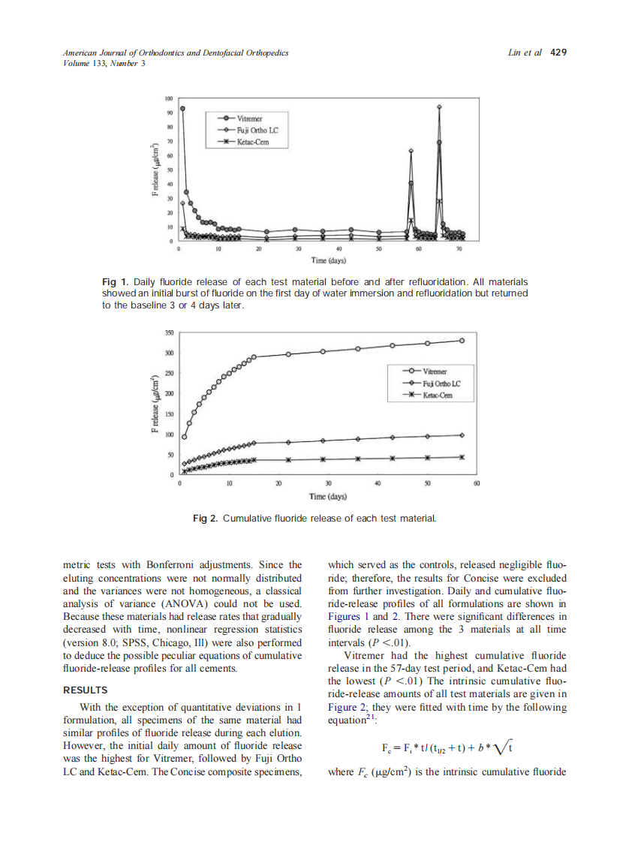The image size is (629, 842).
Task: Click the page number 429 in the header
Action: [558, 53]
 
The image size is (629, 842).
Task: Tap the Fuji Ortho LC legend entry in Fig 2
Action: [441, 383]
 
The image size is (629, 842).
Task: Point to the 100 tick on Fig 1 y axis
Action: [169, 98]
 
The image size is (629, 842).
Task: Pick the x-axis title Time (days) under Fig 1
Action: [328, 260]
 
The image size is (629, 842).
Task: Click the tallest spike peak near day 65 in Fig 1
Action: [440, 107]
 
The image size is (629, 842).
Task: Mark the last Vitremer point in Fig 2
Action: [462, 341]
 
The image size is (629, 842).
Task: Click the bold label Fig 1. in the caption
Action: [114, 281]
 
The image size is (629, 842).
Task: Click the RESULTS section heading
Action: [85, 690]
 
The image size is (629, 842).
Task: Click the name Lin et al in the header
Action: [525, 53]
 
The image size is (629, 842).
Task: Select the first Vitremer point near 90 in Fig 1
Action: [182, 107]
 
